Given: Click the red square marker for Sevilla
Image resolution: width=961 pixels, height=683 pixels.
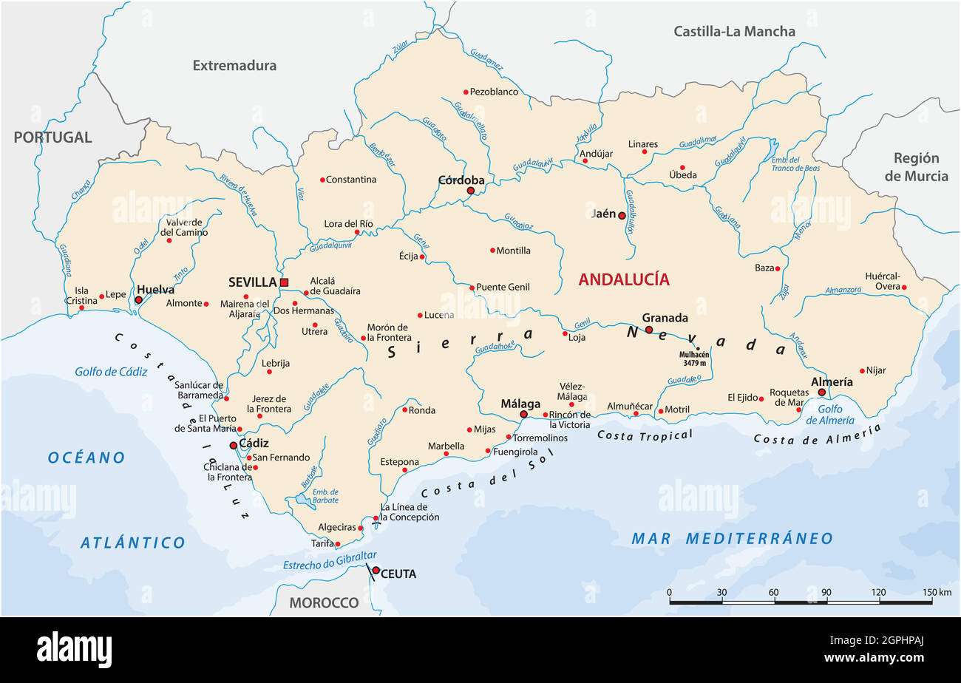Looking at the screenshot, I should click(284, 282).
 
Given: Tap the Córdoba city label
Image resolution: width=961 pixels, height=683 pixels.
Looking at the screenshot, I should click(461, 180).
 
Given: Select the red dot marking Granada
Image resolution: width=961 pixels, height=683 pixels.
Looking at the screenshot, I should click(648, 330).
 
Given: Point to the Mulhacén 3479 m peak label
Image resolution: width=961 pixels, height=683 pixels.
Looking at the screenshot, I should click(693, 359).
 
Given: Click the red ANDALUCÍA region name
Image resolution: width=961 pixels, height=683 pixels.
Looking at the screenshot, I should click(623, 279).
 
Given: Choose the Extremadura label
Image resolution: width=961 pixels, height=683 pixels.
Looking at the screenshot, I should click(234, 65).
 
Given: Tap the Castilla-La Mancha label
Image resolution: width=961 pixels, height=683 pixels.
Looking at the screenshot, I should click(734, 31).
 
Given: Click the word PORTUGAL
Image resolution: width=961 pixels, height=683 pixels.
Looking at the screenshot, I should click(52, 137).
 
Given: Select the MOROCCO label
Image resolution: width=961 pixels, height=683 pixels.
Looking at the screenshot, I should click(324, 602).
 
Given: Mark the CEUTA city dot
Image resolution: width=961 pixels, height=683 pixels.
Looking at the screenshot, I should click(376, 571).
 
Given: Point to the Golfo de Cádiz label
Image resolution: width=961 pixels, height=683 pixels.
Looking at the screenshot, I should click(111, 371).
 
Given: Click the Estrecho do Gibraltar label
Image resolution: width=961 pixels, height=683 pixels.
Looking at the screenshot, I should click(330, 561).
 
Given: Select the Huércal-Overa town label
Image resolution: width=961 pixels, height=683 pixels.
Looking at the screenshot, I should click(883, 281).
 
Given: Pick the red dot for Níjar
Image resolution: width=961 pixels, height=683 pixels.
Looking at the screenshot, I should click(862, 371).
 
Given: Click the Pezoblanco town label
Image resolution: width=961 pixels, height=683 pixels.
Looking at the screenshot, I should click(494, 92).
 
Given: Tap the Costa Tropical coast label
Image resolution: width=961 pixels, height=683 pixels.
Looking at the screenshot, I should click(645, 435).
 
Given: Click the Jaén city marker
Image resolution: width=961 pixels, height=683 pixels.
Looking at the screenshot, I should click(622, 216).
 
